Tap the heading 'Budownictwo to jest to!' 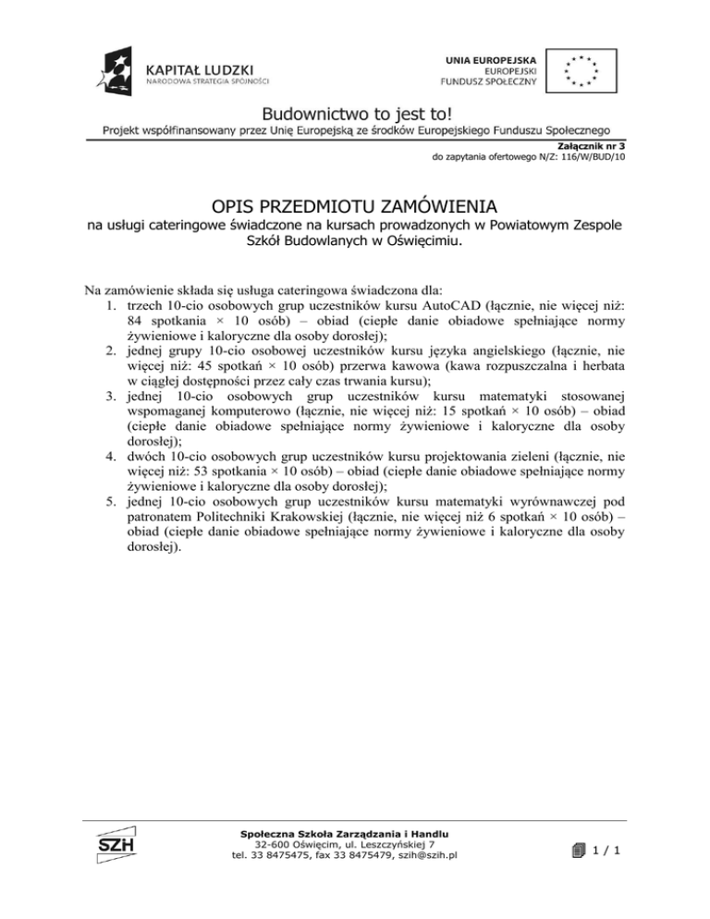(355, 114)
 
